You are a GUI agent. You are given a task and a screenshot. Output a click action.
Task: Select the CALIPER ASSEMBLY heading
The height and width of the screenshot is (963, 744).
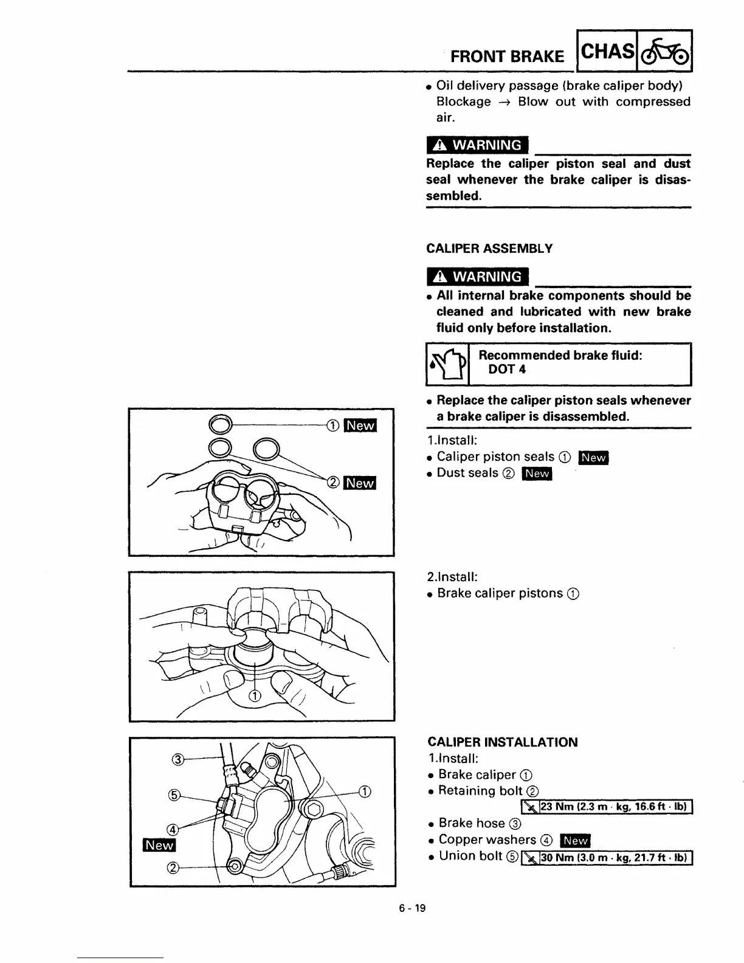coord(489,249)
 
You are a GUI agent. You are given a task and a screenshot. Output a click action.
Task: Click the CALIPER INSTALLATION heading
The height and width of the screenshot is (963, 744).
coord(502,742)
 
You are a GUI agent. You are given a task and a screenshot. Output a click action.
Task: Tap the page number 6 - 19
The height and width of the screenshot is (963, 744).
coord(412,909)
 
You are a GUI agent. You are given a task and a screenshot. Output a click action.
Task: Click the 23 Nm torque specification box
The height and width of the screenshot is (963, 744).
coord(607,807)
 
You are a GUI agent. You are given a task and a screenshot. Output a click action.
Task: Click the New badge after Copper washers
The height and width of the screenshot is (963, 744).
coord(575,840)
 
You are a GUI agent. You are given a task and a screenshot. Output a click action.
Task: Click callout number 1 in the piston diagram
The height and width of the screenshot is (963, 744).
coord(255,695)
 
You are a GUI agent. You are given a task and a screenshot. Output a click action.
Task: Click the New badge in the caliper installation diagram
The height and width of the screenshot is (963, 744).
coord(159,845)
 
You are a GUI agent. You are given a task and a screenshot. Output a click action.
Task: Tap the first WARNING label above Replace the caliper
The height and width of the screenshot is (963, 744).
coord(478,145)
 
